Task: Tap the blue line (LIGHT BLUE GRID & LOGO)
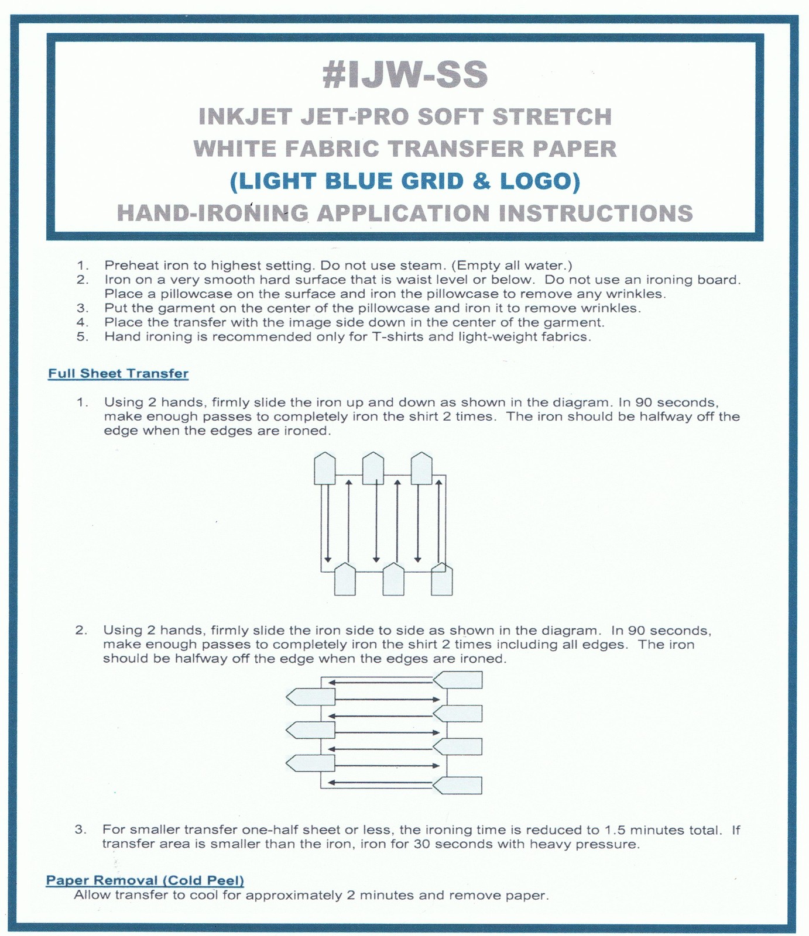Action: [405, 181]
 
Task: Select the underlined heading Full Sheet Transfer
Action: [118, 374]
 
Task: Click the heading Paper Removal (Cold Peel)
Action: [145, 880]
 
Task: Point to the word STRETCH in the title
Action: [551, 117]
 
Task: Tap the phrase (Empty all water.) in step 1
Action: [511, 266]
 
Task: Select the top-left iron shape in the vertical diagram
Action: [325, 469]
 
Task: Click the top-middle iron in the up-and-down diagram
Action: [373, 469]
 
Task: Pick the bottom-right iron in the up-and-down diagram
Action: [442, 580]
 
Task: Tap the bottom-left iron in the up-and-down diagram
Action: [345, 580]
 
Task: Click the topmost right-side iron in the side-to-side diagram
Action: [459, 680]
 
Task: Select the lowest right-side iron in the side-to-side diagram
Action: [459, 785]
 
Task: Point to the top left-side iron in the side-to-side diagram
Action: [311, 697]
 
